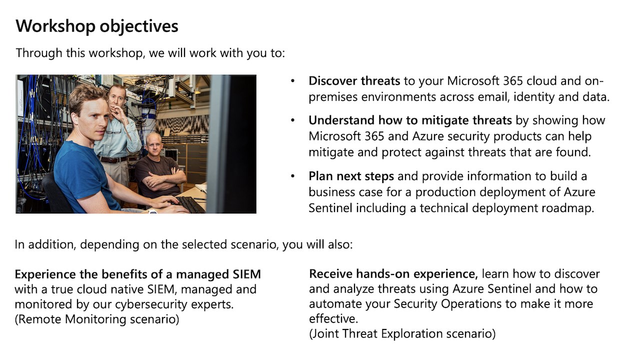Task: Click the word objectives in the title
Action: (139, 26)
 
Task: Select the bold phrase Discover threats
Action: (354, 81)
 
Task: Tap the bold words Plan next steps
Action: (351, 176)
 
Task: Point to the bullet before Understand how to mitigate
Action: (292, 120)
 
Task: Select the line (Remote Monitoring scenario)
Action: (97, 319)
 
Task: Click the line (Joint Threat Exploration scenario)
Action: (402, 333)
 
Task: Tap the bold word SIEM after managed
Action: (247, 274)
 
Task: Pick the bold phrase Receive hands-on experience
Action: (393, 274)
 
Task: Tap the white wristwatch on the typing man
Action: (152, 211)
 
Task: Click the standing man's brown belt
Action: (113, 159)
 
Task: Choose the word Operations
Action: (471, 304)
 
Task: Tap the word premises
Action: (333, 97)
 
